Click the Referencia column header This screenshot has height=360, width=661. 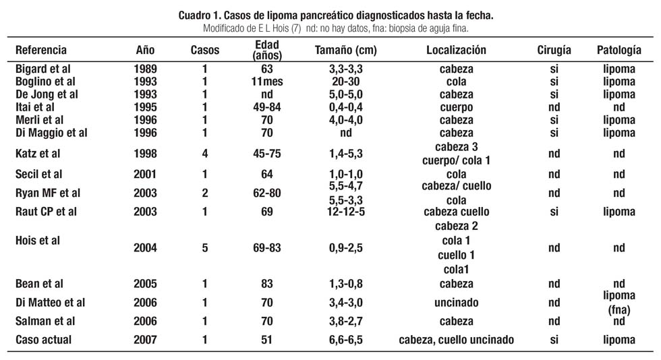click(x=41, y=50)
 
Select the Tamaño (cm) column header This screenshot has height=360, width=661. click(x=345, y=50)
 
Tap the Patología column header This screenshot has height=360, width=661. click(x=619, y=51)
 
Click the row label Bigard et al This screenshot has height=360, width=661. click(x=43, y=69)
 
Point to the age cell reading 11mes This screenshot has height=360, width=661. click(x=267, y=82)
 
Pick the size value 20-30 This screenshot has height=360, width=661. click(x=345, y=82)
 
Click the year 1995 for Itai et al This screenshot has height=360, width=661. click(x=145, y=107)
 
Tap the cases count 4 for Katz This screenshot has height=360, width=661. click(x=205, y=154)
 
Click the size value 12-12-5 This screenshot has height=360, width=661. click(x=345, y=212)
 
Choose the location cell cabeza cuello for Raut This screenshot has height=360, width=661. click(x=457, y=212)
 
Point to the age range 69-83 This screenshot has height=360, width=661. click(x=267, y=248)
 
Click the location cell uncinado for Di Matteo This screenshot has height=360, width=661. click(x=457, y=303)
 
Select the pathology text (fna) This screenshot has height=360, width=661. click(x=619, y=311)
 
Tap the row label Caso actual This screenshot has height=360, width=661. click(x=43, y=340)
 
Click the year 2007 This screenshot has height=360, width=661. click(x=145, y=340)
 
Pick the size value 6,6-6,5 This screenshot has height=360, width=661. click(x=345, y=340)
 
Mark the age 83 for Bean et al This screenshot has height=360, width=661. click(x=267, y=284)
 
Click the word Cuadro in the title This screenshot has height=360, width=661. click(x=194, y=16)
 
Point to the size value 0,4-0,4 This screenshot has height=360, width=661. click(x=345, y=107)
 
